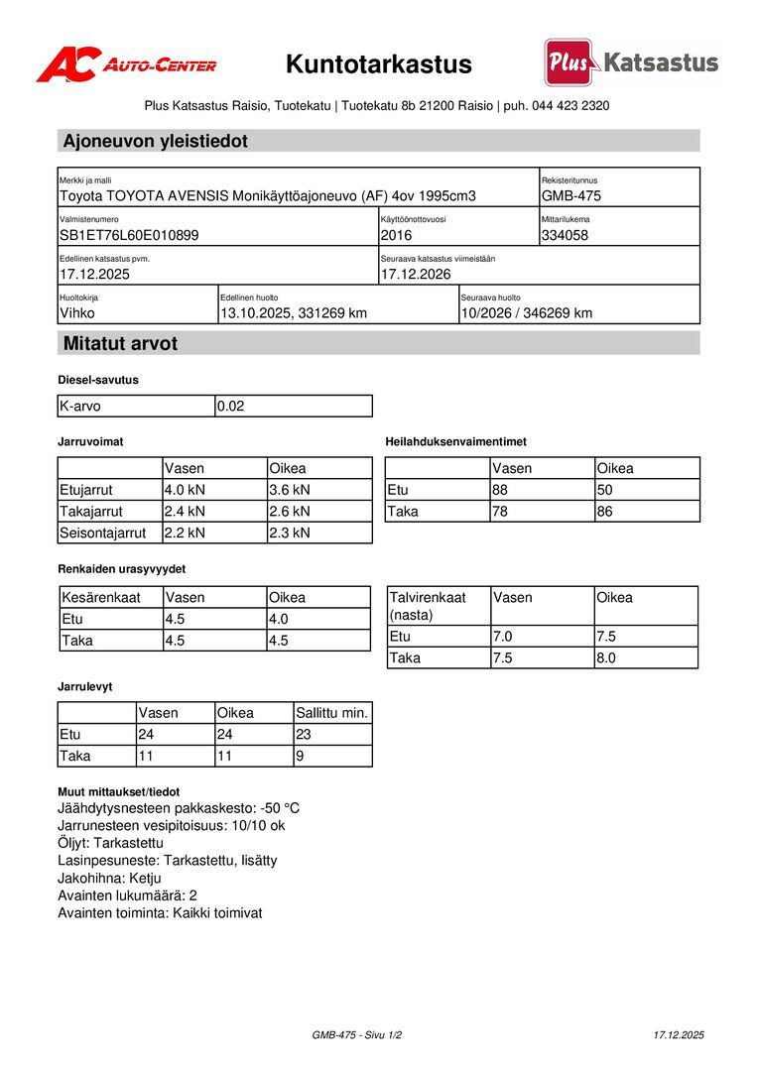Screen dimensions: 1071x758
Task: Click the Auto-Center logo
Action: (x=126, y=64)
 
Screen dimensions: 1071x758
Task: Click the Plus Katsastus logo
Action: (x=630, y=63)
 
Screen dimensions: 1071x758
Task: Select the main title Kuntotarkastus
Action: (x=379, y=64)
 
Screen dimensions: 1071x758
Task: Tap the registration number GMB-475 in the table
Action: (x=571, y=196)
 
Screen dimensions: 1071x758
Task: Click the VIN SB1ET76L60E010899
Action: (x=130, y=236)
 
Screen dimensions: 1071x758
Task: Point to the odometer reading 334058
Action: (x=566, y=236)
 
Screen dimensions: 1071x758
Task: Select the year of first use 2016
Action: (x=396, y=236)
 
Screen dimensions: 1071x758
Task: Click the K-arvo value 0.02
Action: (x=230, y=407)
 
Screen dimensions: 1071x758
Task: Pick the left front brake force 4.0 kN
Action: (x=185, y=490)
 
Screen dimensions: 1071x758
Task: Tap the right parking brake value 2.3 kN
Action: (x=290, y=534)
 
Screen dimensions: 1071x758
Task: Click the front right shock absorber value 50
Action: (x=605, y=490)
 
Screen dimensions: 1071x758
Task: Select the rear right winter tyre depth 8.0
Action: (x=606, y=658)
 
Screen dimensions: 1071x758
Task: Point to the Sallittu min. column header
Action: (x=332, y=713)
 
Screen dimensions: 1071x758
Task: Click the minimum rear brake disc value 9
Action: (x=301, y=757)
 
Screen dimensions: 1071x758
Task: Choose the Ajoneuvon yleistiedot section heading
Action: (x=156, y=141)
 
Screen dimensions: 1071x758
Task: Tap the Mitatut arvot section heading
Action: (x=120, y=344)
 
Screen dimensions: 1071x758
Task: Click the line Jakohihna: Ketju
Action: (x=109, y=878)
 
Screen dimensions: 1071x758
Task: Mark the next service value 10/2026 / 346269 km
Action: (x=527, y=313)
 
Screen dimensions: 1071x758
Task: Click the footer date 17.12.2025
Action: (x=679, y=1035)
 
